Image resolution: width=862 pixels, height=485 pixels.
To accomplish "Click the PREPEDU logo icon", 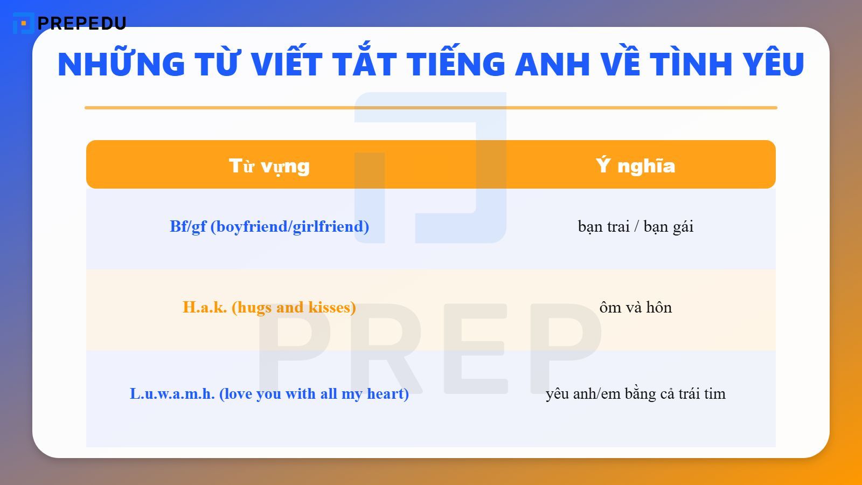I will tap(23, 23).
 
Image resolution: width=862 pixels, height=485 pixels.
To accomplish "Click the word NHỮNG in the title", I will tap(121, 64).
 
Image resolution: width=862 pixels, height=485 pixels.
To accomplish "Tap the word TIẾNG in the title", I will tap(456, 64).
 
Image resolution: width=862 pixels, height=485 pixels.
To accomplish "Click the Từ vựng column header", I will tap(269, 165).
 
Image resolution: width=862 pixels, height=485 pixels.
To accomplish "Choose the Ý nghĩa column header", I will tap(635, 165).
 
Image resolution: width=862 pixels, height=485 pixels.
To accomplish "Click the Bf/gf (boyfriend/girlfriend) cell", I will tap(269, 226).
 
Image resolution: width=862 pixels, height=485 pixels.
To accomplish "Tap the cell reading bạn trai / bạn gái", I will tap(635, 226).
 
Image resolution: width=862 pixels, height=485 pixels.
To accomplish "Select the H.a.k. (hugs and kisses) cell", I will tap(269, 307).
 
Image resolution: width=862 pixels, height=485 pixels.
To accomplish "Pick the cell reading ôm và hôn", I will tap(635, 307).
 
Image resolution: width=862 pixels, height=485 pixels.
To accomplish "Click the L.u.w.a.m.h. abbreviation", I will tap(172, 394).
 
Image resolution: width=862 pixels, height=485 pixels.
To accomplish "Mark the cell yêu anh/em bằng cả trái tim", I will tap(635, 394).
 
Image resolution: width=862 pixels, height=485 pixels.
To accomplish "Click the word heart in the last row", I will tap(387, 394).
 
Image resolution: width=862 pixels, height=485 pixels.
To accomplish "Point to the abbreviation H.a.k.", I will tap(205, 307).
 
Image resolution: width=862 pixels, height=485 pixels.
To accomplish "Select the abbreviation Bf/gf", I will tap(188, 227).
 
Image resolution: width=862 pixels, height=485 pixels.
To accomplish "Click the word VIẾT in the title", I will tap(286, 64).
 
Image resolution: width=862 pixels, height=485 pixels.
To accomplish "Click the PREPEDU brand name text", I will tap(82, 23).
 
